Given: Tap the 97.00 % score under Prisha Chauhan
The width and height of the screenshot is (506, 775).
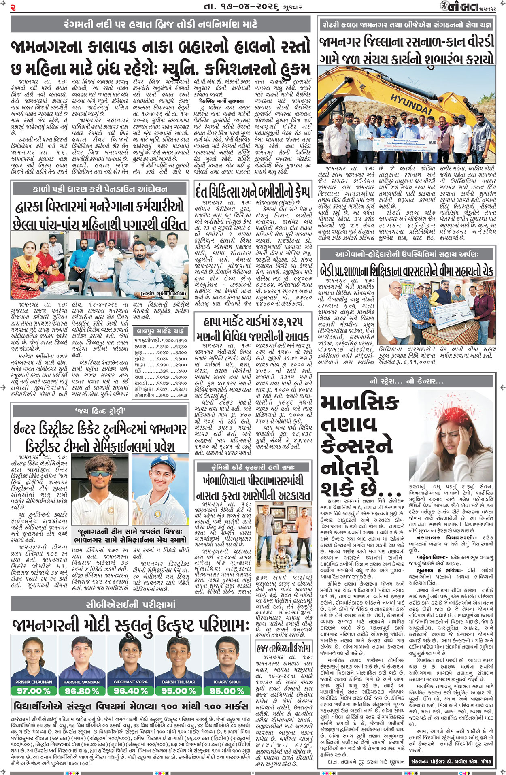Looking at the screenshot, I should click(34, 690).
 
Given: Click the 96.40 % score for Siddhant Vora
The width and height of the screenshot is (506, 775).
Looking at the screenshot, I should click(130, 690).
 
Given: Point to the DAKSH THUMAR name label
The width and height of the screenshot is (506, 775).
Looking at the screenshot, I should click(178, 682).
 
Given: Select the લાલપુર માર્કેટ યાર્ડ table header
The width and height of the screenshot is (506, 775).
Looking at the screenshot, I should click(160, 331).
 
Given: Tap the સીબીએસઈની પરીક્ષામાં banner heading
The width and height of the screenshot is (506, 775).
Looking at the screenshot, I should click(131, 605).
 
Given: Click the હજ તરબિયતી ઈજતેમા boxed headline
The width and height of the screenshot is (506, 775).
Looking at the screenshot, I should click(284, 648).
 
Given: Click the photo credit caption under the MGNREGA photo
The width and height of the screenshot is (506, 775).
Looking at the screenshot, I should click(163, 293).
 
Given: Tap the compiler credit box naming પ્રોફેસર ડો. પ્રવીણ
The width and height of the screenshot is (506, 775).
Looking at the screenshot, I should click(451, 762).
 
